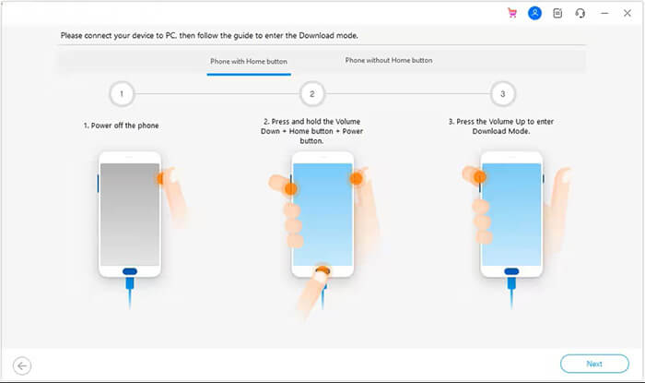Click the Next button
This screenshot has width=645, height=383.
point(594,364)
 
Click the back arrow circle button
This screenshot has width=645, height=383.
point(22,365)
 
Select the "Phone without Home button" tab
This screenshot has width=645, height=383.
point(389,61)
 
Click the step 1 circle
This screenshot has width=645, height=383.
point(122,93)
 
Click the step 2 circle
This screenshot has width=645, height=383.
point(311,93)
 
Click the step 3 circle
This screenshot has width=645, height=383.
point(502,93)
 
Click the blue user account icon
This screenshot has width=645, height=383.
point(534,14)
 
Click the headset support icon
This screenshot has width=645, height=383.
point(580,14)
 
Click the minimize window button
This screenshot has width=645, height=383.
point(604,14)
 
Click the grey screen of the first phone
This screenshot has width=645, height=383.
point(129,212)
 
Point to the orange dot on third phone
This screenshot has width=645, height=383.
point(479,174)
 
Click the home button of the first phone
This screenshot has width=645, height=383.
point(130,271)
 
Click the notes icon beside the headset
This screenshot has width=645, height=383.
point(557,14)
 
